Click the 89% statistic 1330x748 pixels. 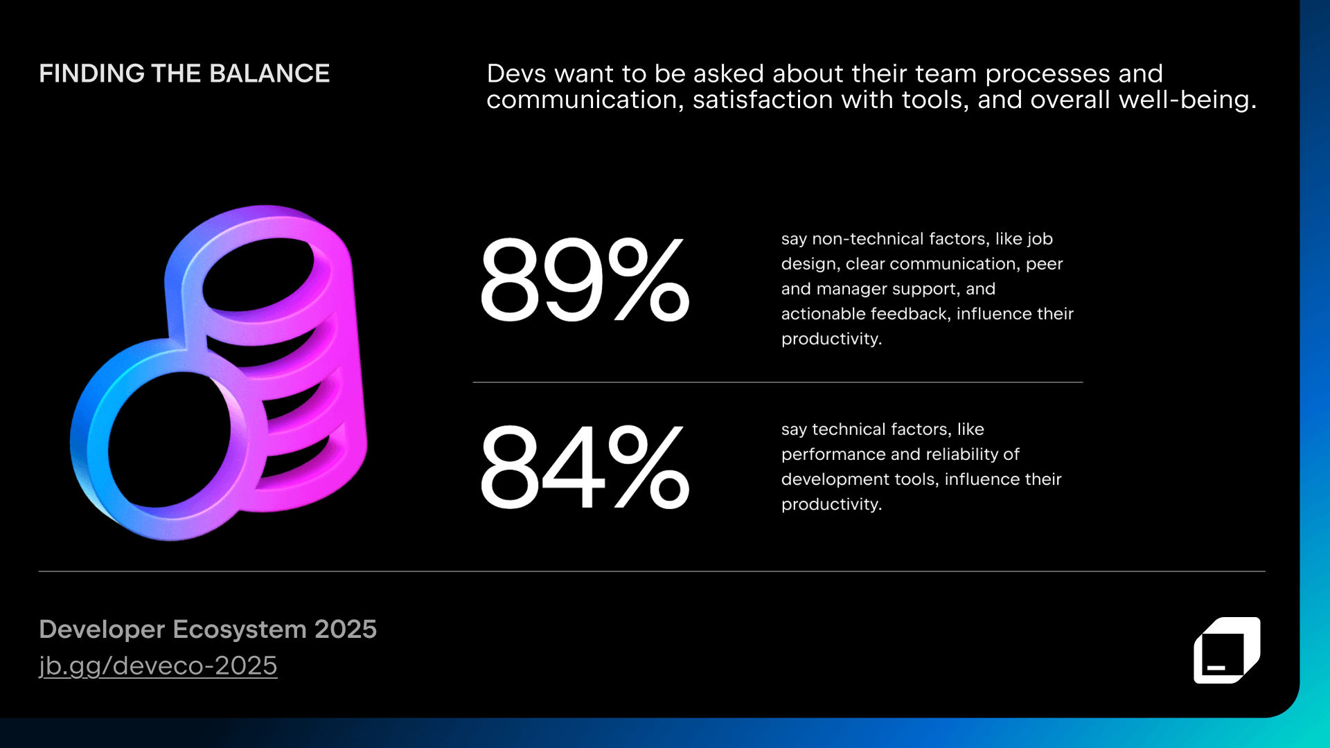584,280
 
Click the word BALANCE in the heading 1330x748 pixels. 269,73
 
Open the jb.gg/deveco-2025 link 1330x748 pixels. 158,666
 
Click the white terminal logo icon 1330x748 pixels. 1226,650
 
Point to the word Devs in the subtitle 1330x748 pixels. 516,73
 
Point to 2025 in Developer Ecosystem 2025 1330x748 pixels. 345,629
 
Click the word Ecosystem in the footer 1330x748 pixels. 240,629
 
